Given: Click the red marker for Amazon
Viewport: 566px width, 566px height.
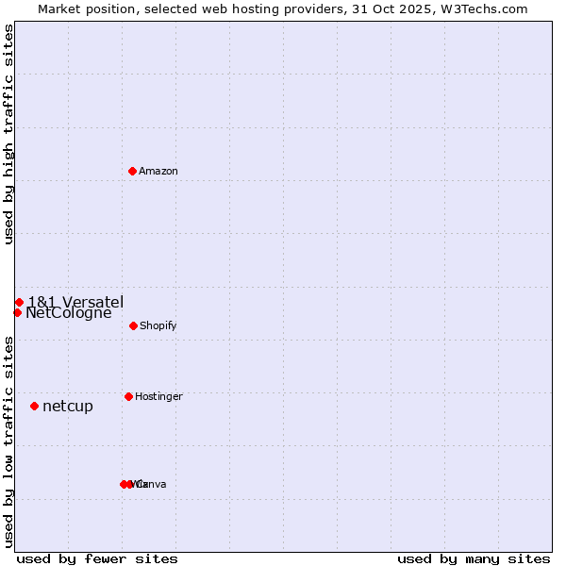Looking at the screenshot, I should pyautogui.click(x=133, y=171).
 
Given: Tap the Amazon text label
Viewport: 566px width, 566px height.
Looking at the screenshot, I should pyautogui.click(x=158, y=172).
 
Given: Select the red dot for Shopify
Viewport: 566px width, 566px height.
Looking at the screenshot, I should pyautogui.click(x=133, y=325).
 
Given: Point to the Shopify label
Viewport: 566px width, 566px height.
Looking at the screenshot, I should pyautogui.click(x=158, y=326).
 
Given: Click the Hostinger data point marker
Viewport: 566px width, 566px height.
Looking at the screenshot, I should pyautogui.click(x=128, y=396).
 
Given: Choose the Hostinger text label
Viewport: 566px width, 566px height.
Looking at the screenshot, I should pyautogui.click(x=158, y=397).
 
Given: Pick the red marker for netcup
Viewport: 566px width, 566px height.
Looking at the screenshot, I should pyautogui.click(x=34, y=406).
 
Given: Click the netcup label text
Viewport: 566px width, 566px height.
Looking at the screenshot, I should pyautogui.click(x=68, y=407).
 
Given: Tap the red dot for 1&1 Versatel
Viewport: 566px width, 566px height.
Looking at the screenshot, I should pyautogui.click(x=19, y=302).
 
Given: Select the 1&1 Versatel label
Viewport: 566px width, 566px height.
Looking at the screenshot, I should pyautogui.click(x=75, y=302).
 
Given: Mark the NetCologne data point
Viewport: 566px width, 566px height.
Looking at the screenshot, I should pyautogui.click(x=17, y=312).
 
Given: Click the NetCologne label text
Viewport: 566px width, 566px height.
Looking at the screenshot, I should pyautogui.click(x=69, y=313).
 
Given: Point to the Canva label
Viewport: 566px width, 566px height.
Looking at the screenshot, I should pyautogui.click(x=153, y=485).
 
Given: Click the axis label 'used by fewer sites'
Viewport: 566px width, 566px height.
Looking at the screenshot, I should pyautogui.click(x=97, y=558).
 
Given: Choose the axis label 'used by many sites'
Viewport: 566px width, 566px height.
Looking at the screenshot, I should pyautogui.click(x=474, y=558).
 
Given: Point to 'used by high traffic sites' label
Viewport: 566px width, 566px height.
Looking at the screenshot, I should pyautogui.click(x=8, y=134).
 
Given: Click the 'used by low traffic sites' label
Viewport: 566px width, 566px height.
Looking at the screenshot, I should pyautogui.click(x=8, y=441).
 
